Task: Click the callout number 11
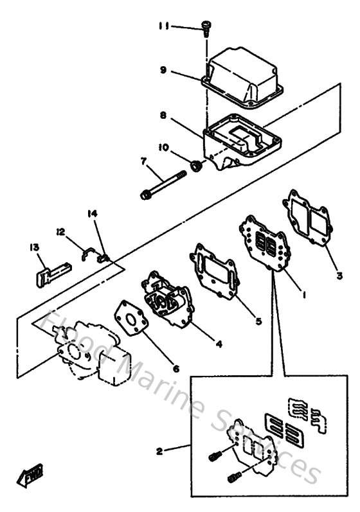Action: [165, 27]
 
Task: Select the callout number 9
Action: [163, 71]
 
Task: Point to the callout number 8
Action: [163, 116]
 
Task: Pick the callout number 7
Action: [145, 161]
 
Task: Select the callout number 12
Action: [60, 231]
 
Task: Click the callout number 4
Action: [219, 344]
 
